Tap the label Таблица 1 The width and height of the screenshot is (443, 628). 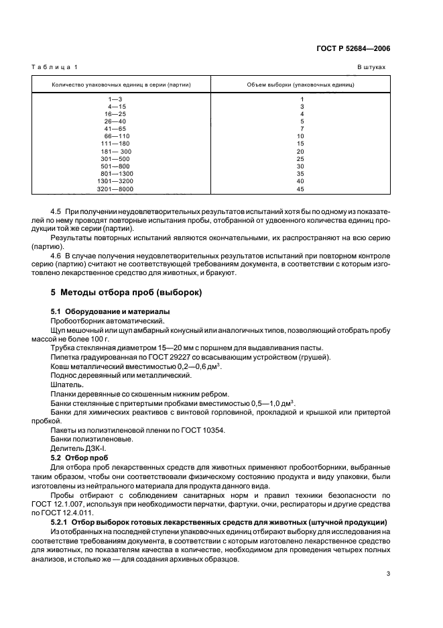click(54, 68)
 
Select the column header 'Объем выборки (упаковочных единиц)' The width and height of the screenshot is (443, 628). click(301, 85)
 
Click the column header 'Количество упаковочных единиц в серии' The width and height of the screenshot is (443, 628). click(121, 85)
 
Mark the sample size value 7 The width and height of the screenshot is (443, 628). click(302, 129)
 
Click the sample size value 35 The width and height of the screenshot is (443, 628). click(301, 173)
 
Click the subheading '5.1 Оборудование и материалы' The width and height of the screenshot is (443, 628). click(111, 312)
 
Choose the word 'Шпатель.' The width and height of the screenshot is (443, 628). click(67, 385)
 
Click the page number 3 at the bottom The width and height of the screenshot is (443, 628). click(388, 574)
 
